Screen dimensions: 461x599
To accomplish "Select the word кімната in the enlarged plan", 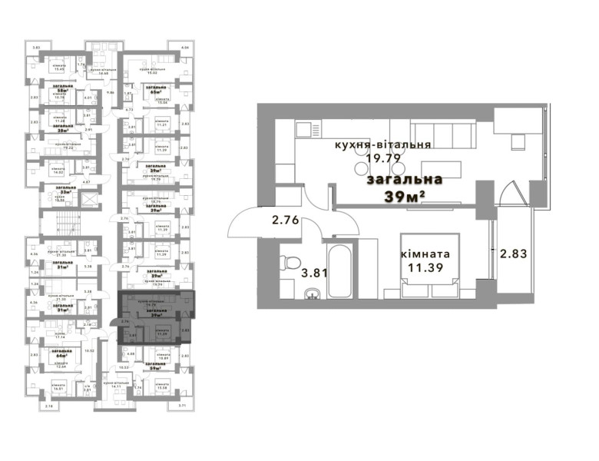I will coord(425,254).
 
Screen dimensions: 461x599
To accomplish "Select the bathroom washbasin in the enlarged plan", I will coord(313,294).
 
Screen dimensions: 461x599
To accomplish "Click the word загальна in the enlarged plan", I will coord(405,180).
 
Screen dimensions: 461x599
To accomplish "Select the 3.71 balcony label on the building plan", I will coord(182,405).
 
